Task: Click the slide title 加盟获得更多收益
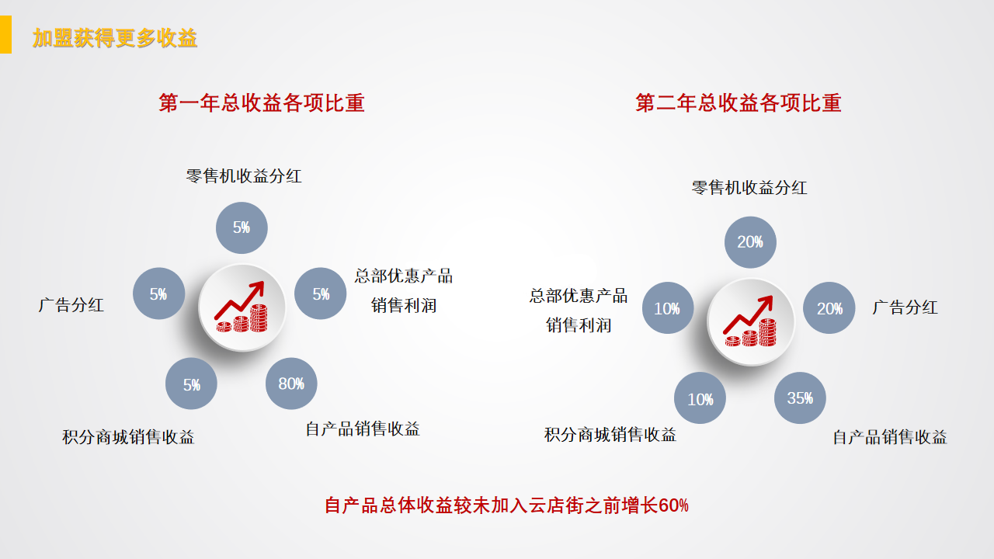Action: click(x=115, y=38)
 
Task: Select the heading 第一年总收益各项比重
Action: click(x=262, y=102)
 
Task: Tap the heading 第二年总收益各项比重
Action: click(x=739, y=102)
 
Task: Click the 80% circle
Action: click(x=291, y=383)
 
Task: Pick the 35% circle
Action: click(x=800, y=398)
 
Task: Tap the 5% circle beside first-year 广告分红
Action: click(x=158, y=293)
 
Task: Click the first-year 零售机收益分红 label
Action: click(x=244, y=176)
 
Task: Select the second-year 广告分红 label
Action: click(x=905, y=307)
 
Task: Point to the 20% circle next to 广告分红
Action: click(x=829, y=308)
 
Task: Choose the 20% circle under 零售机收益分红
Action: click(x=750, y=242)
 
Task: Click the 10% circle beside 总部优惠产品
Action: click(x=667, y=308)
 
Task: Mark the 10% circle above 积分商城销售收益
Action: click(x=700, y=399)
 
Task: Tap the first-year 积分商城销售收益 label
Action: click(x=128, y=437)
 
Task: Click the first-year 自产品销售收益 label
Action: click(x=363, y=429)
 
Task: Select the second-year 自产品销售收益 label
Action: click(x=890, y=437)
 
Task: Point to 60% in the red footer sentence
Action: click(x=673, y=506)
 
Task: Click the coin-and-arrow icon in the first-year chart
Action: click(x=242, y=307)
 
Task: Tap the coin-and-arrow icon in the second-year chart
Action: click(x=750, y=321)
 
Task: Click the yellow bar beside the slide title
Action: click(x=5, y=36)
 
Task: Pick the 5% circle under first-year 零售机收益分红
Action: click(x=242, y=227)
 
